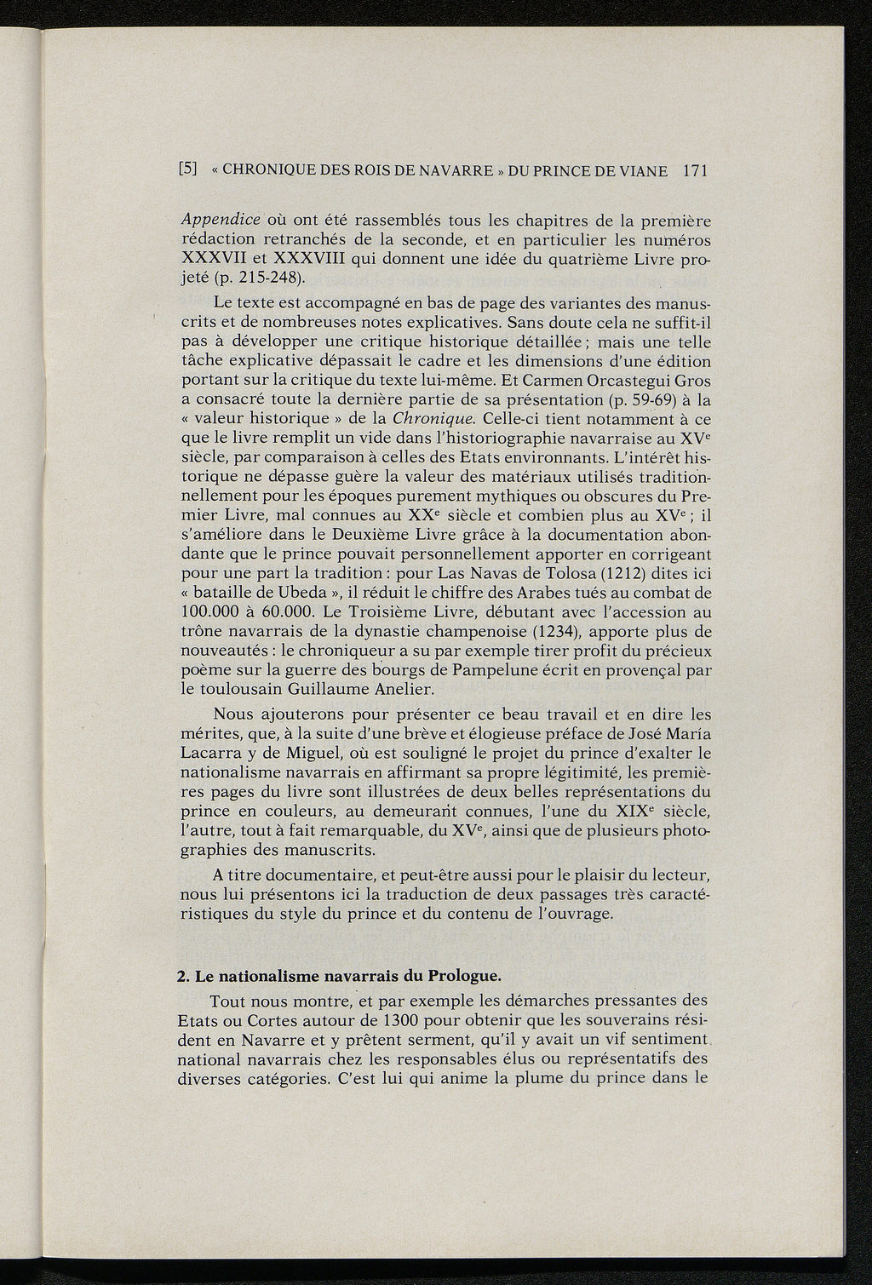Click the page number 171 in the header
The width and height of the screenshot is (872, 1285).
695,171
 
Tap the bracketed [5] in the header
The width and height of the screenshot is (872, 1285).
188,169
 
